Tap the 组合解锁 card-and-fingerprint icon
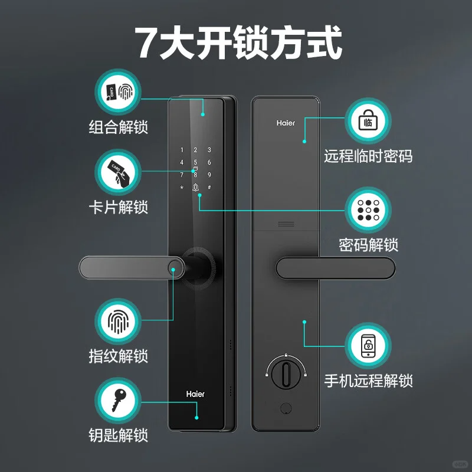point(118,93)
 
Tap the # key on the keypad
point(209,188)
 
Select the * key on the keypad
point(182,188)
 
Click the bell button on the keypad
point(195,188)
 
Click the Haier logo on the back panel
point(286,123)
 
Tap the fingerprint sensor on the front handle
point(174,271)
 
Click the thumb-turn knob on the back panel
point(284,372)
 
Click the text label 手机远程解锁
point(368,381)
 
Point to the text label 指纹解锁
point(118,356)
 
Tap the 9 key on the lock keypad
point(209,175)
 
